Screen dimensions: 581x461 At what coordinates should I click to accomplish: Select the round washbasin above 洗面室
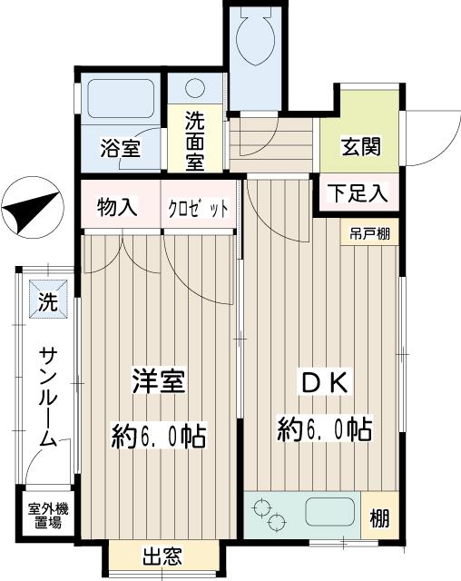click(x=195, y=89)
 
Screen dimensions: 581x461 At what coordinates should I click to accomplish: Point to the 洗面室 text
click(x=196, y=141)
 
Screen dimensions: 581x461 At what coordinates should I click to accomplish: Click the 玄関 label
click(x=359, y=146)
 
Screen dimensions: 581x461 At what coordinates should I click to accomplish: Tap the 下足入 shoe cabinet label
click(x=358, y=193)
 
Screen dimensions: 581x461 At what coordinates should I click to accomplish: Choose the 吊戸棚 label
click(x=370, y=232)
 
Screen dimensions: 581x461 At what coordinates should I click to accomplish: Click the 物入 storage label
click(x=118, y=207)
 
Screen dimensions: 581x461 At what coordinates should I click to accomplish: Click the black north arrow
click(x=30, y=208)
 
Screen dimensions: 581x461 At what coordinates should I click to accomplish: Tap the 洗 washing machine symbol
click(x=46, y=297)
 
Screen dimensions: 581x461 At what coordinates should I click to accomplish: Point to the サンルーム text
click(x=45, y=397)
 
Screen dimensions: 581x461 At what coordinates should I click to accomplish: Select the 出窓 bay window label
click(x=163, y=556)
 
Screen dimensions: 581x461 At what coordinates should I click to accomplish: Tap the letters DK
click(x=321, y=382)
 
